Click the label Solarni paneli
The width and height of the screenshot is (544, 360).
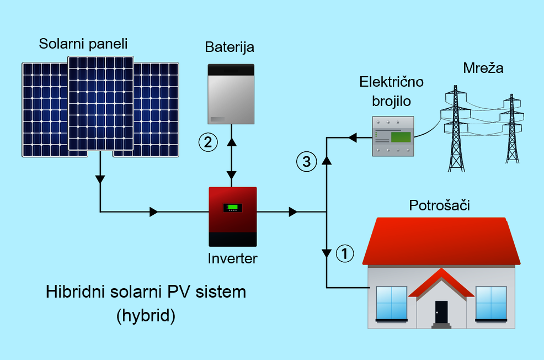pos(83,44)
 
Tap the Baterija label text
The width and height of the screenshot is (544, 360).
pos(230,47)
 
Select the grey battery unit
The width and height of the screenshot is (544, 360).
pos(231,94)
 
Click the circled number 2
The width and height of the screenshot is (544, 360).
pos(208,142)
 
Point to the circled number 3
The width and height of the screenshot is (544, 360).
pos(306,162)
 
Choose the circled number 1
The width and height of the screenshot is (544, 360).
pos(344,253)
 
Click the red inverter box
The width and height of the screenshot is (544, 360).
pos(233,216)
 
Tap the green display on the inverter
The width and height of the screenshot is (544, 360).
pos(233,208)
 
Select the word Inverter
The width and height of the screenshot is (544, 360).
pos(232,258)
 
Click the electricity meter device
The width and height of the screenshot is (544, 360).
pos(392,136)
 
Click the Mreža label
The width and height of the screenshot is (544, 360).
pos(483,69)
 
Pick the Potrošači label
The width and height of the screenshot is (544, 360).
pos(439,206)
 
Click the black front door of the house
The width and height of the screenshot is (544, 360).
pos(441,312)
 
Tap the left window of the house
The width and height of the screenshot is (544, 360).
pos(391,303)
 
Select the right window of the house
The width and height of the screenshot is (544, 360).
pos(491,303)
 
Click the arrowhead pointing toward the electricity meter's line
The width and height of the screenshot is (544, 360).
pos(352,138)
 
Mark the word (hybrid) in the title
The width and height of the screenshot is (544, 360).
pos(146,315)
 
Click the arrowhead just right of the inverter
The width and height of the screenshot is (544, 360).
pos(293,211)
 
